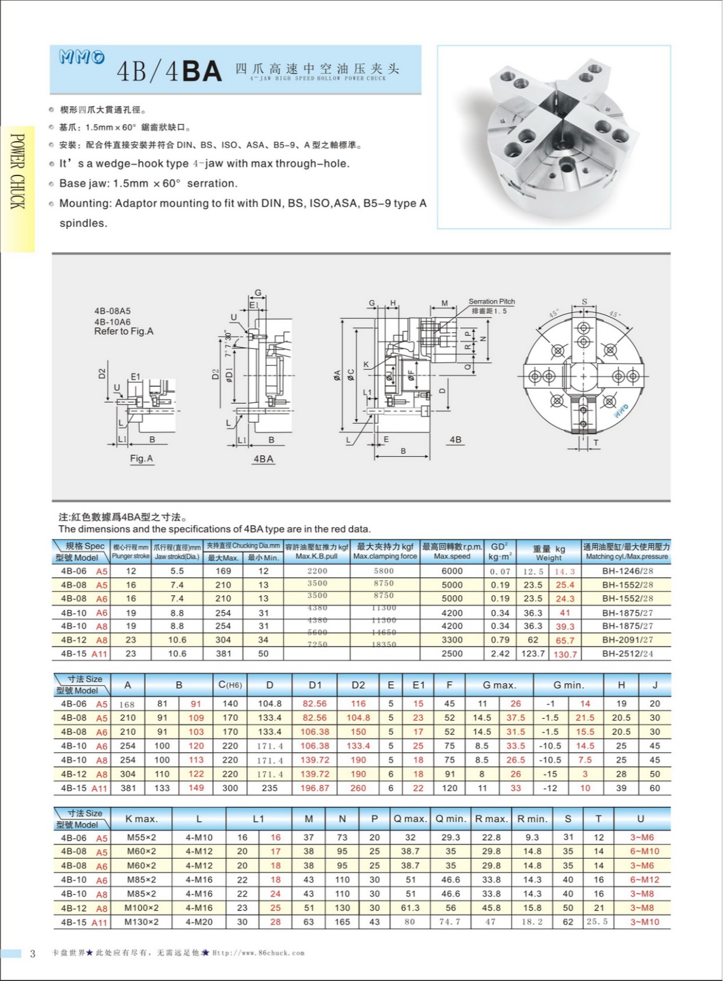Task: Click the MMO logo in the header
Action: [x=81, y=57]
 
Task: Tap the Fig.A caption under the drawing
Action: [x=142, y=459]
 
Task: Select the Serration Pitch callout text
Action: [x=492, y=301]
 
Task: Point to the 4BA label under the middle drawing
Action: [x=263, y=459]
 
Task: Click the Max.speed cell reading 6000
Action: [x=452, y=571]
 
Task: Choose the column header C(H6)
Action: [x=230, y=685]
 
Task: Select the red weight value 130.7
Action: [x=565, y=654]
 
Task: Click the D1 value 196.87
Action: [x=315, y=788]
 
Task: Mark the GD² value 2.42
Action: [x=500, y=654]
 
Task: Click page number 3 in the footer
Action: [x=33, y=953]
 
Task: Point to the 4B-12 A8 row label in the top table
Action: [x=84, y=640]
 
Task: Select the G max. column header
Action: [x=499, y=685]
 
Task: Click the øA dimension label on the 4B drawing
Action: [x=337, y=375]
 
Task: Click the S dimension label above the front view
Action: [x=584, y=302]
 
